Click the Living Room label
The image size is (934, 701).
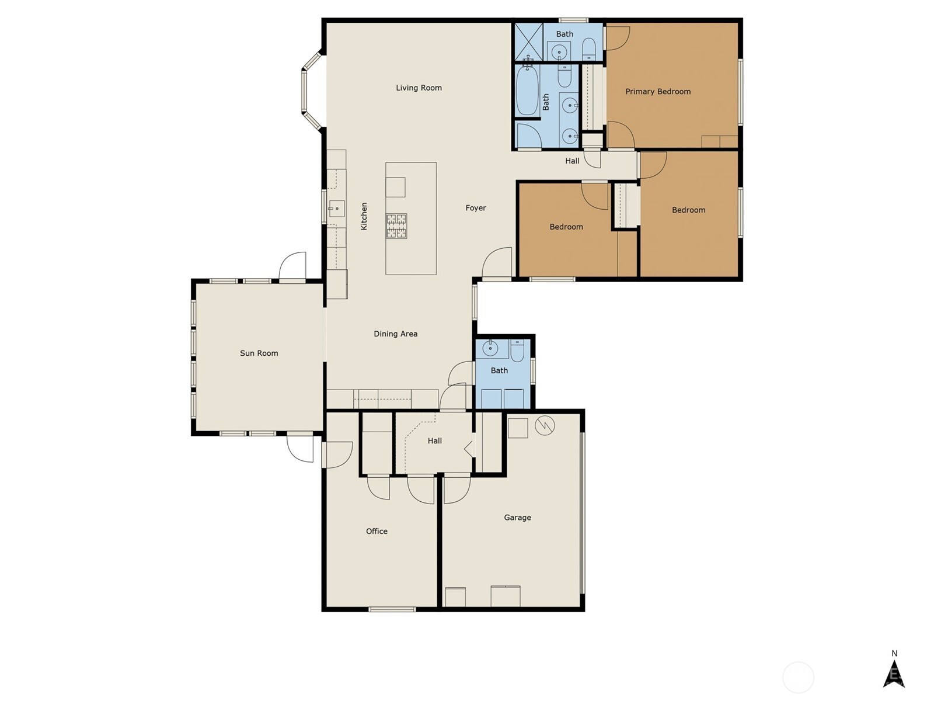(x=419, y=88)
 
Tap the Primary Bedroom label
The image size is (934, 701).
(x=658, y=92)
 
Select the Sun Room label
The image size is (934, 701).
(x=259, y=353)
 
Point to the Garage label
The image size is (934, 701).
(x=517, y=518)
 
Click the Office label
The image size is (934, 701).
(x=377, y=531)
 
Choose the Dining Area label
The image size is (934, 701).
(x=395, y=334)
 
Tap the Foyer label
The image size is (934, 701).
(x=475, y=208)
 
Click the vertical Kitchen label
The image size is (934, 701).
(x=364, y=216)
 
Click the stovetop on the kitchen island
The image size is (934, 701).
(x=396, y=225)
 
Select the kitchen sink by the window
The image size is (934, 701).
(x=337, y=209)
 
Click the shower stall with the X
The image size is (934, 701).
(x=529, y=41)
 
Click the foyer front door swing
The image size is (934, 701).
(x=496, y=263)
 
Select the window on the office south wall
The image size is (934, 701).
(x=392, y=609)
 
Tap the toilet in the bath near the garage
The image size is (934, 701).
(x=517, y=351)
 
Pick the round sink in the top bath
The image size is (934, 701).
(x=559, y=53)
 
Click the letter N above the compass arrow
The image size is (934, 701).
(x=894, y=653)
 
